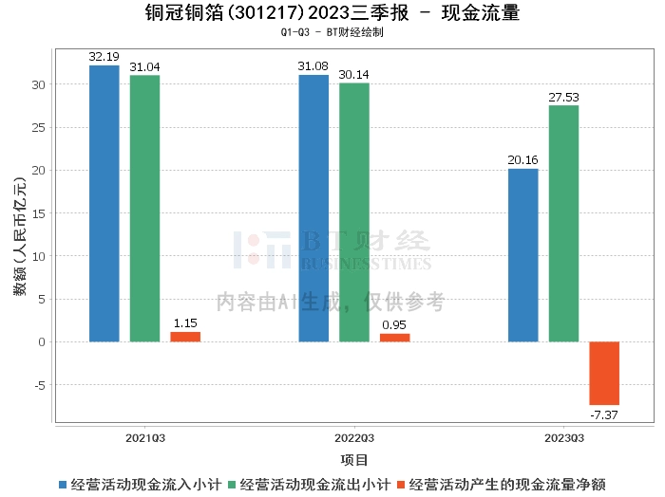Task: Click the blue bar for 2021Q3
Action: (104, 203)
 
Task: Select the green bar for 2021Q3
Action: (144, 208)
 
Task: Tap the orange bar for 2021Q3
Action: (185, 337)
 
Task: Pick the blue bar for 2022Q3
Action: (313, 208)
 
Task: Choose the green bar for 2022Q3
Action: (354, 212)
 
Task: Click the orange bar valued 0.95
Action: (395, 338)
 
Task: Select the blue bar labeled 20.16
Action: (523, 255)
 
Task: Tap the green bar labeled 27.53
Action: (563, 223)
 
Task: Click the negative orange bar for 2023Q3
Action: (604, 373)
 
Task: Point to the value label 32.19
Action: (104, 57)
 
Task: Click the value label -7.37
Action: (604, 414)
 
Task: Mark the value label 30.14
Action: (354, 75)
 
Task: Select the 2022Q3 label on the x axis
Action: (354, 438)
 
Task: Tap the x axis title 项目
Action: (354, 460)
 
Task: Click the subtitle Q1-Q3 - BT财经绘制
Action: (332, 32)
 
